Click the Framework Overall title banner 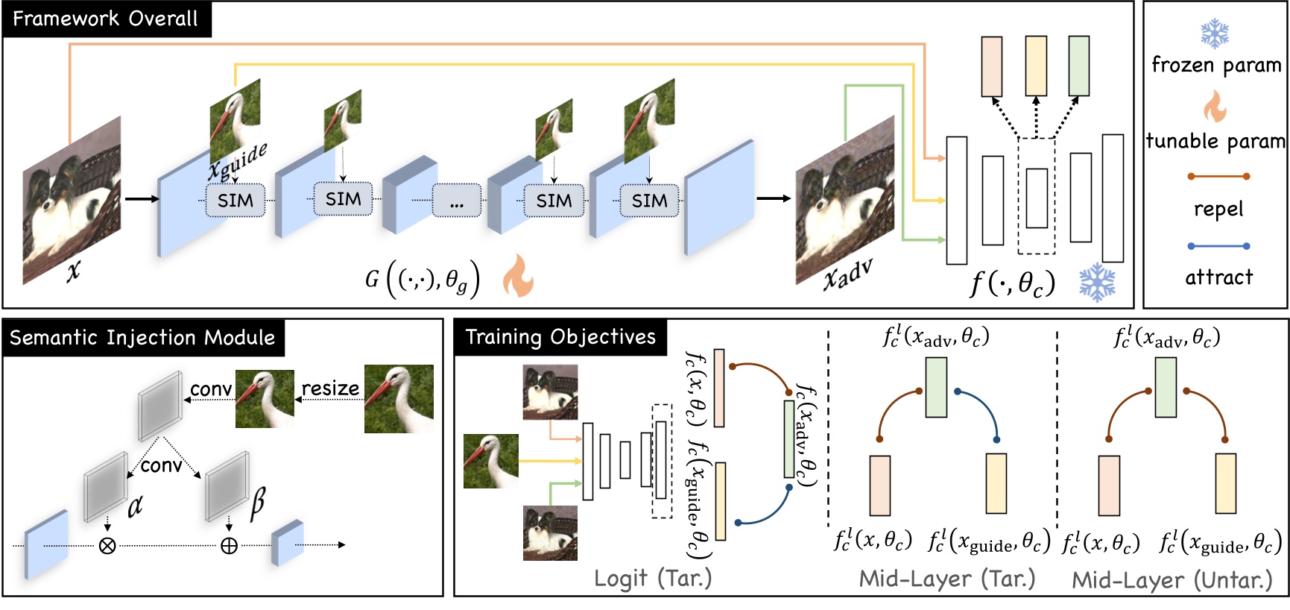pyautogui.click(x=106, y=19)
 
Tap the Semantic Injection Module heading pyautogui.click(x=142, y=338)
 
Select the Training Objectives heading pyautogui.click(x=560, y=337)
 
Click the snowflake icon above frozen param pyautogui.click(x=1215, y=34)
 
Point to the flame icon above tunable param pyautogui.click(x=1215, y=107)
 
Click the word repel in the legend pyautogui.click(x=1218, y=210)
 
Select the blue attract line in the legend pyautogui.click(x=1218, y=245)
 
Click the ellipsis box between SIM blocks pyautogui.click(x=457, y=201)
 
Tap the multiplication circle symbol pyautogui.click(x=107, y=546)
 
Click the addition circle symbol pyautogui.click(x=229, y=546)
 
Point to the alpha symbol pyautogui.click(x=135, y=506)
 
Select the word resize pyautogui.click(x=329, y=389)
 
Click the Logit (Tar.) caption pyautogui.click(x=653, y=578)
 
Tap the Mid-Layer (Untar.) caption pyautogui.click(x=1172, y=580)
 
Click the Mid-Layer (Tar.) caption pyautogui.click(x=946, y=579)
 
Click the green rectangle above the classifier pyautogui.click(x=1078, y=66)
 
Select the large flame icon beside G pyautogui.click(x=517, y=275)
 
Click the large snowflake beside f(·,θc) pyautogui.click(x=1097, y=283)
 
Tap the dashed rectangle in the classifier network pyautogui.click(x=1036, y=196)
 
